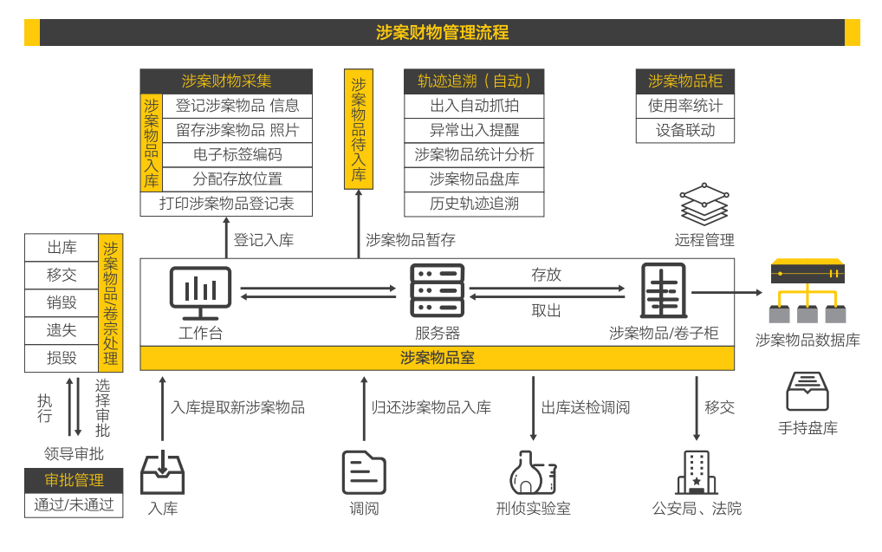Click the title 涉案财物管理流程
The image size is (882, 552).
[442, 33]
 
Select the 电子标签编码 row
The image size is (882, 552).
[237, 155]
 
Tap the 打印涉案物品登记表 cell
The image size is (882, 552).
[226, 204]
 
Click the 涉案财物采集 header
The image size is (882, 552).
[226, 81]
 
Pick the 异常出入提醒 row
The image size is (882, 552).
[474, 131]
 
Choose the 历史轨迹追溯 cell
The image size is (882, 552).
[474, 204]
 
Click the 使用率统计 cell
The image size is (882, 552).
[684, 106]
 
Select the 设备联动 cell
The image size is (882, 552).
[684, 131]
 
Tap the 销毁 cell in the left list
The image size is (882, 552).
[62, 302]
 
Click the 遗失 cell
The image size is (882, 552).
[62, 330]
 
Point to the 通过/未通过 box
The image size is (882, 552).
[74, 504]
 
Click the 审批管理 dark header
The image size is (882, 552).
[74, 480]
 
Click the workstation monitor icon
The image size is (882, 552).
[200, 291]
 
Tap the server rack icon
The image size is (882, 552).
[437, 291]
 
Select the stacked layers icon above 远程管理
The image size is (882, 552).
[704, 205]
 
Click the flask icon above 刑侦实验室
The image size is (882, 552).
[532, 472]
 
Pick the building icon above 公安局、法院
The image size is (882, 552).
[696, 472]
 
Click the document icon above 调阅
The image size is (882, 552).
[364, 472]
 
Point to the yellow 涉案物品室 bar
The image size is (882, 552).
[437, 358]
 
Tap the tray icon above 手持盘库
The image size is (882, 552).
[807, 392]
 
